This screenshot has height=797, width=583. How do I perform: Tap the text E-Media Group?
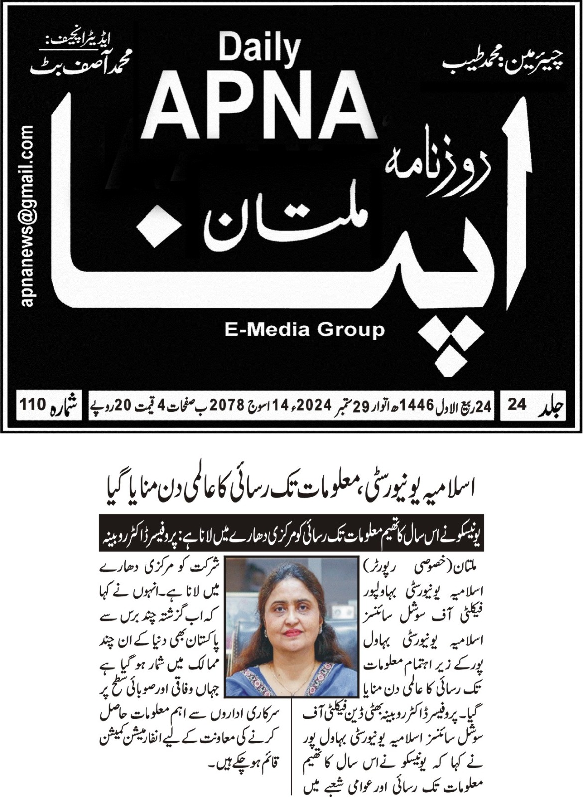pyautogui.click(x=305, y=330)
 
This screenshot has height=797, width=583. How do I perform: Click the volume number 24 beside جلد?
pyautogui.click(x=517, y=405)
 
